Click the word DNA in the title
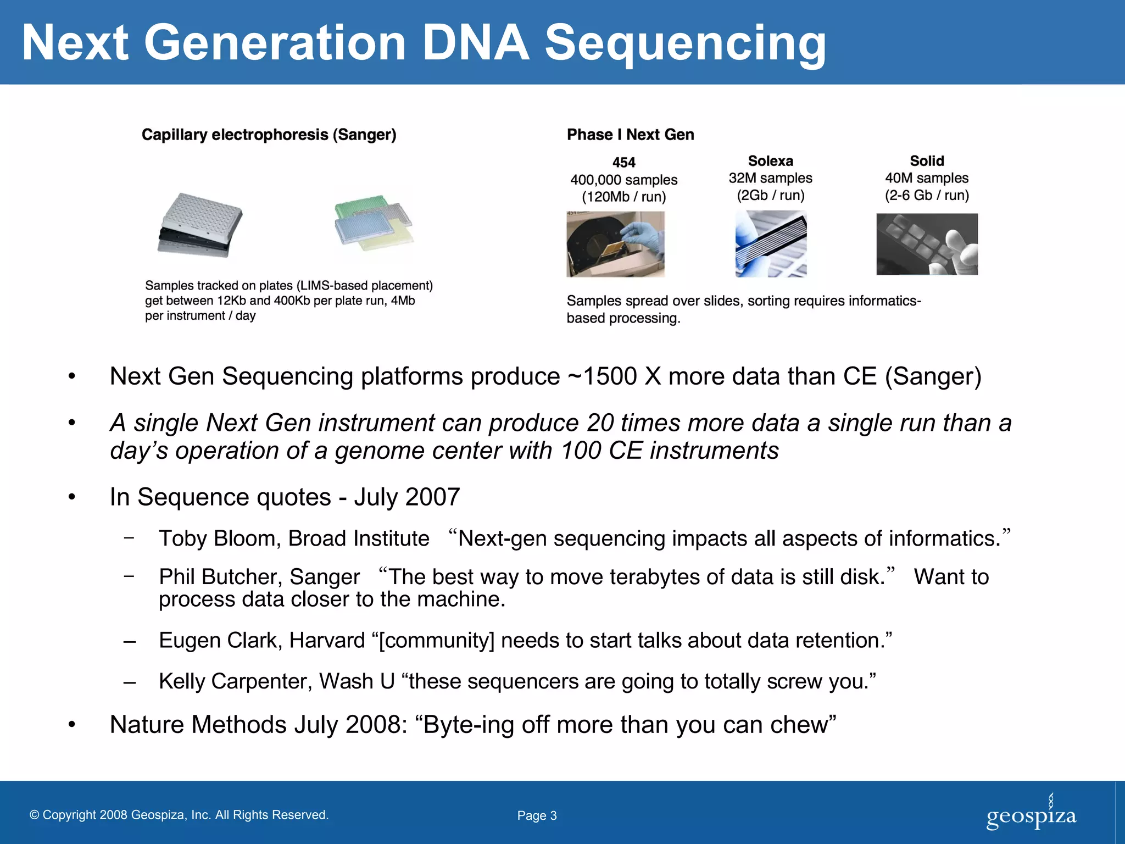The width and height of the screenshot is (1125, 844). (476, 43)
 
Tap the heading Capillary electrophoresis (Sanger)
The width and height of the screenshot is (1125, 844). (269, 135)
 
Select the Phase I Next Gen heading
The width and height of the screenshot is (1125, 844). (630, 135)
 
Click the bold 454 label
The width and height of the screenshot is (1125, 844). (623, 163)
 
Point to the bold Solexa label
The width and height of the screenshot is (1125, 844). (770, 161)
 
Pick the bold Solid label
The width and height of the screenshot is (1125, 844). (927, 161)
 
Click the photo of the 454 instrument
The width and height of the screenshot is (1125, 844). (615, 244)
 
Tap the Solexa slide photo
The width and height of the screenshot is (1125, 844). (771, 244)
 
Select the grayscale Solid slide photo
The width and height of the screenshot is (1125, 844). (927, 244)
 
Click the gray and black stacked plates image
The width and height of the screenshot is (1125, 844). (200, 225)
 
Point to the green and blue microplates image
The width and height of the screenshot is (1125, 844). (374, 223)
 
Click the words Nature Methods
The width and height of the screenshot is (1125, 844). (198, 725)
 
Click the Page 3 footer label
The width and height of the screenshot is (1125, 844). (537, 816)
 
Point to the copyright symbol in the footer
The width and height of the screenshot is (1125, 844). (35, 815)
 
